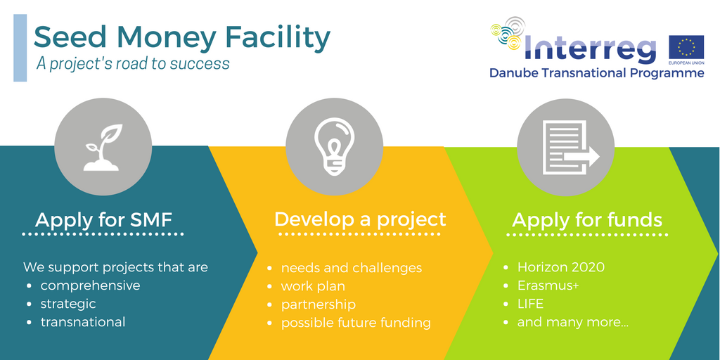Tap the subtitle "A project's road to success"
[133, 63]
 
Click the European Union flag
[686, 47]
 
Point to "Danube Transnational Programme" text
[596, 73]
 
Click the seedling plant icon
[103, 147]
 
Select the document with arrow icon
[571, 147]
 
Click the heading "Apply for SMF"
[103, 220]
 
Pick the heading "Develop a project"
[360, 219]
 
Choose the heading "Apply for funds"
[587, 220]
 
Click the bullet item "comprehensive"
[91, 285]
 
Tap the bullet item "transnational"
[83, 322]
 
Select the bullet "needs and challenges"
[352, 268]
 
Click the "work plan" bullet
[313, 287]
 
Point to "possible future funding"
[356, 323]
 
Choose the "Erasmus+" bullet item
[548, 285]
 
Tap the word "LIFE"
[530, 304]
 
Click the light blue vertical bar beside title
[20, 48]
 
